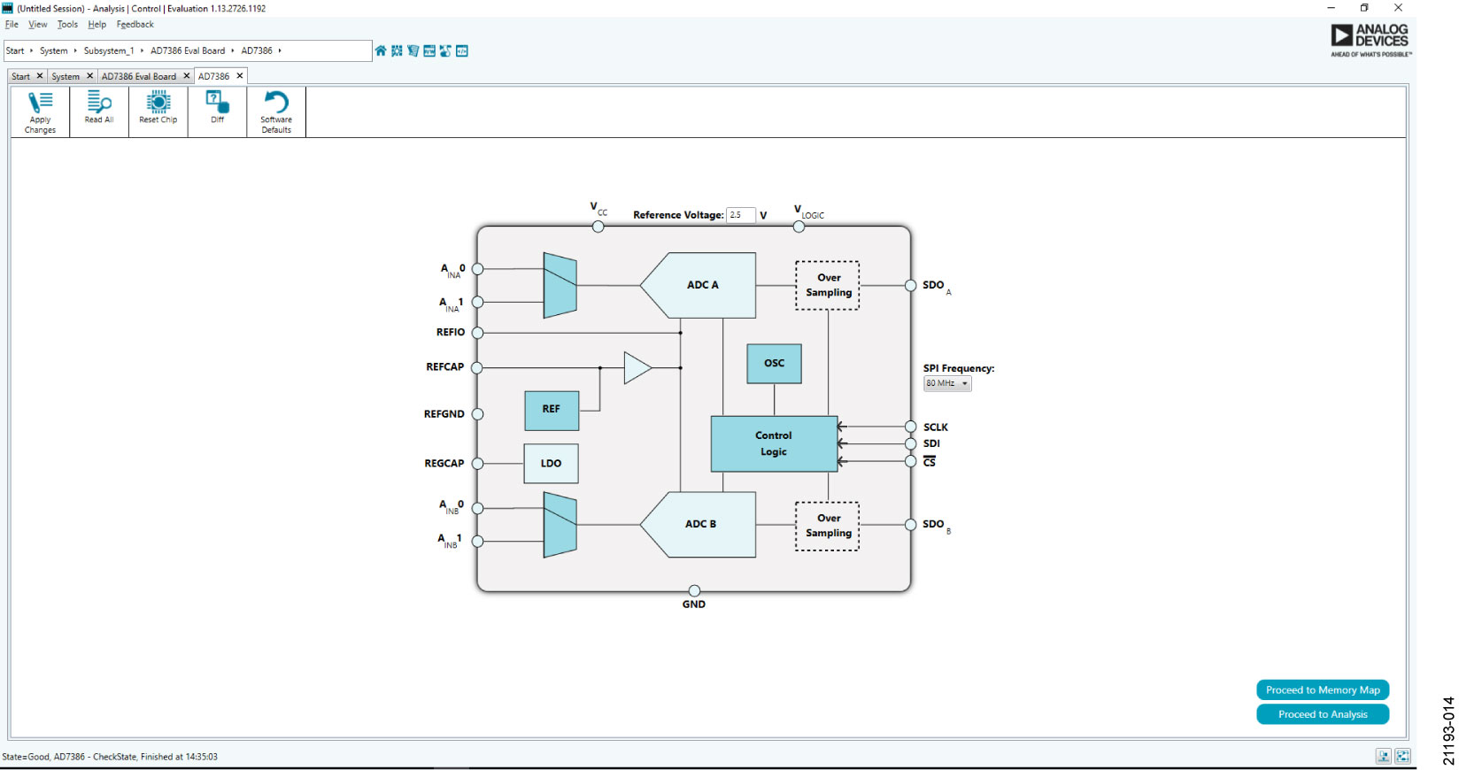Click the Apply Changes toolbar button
click(40, 112)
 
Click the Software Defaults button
click(276, 112)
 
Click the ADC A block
click(702, 285)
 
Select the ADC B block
click(700, 524)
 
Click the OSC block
click(774, 364)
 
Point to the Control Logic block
click(773, 443)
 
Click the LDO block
click(551, 464)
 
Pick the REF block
click(551, 410)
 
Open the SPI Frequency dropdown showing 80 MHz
click(946, 384)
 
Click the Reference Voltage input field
click(740, 215)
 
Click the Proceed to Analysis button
click(1322, 714)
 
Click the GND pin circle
click(694, 590)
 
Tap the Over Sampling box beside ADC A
click(828, 285)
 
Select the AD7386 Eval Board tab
click(139, 76)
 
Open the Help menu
click(96, 25)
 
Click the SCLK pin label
click(935, 427)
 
